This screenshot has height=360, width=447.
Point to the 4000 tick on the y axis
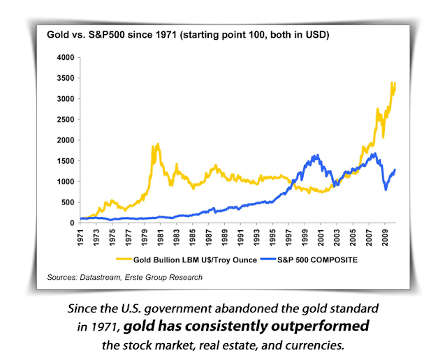66,57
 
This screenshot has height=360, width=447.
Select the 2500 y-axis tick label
66,119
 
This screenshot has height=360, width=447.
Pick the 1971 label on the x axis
81,238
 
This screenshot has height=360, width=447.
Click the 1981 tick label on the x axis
160,238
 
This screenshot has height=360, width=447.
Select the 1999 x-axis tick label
305,238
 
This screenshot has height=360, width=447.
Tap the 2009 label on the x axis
385,238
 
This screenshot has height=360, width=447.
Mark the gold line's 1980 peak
158,144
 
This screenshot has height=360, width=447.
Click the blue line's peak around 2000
318,156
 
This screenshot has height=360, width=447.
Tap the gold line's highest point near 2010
393,83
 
